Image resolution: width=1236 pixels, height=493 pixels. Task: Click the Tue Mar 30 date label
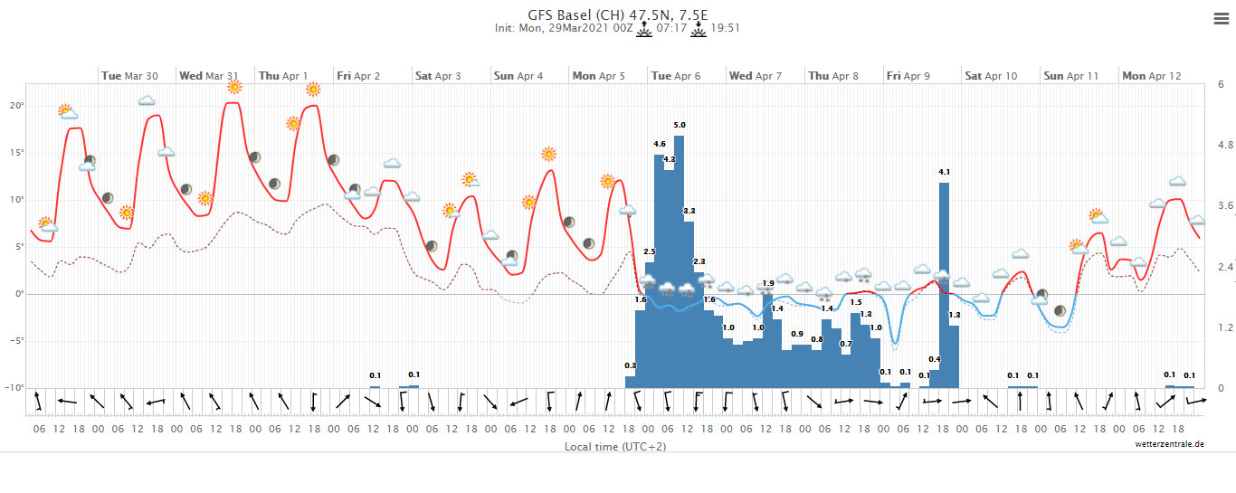[x=128, y=76]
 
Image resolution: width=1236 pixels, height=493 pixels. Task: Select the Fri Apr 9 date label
[x=908, y=76]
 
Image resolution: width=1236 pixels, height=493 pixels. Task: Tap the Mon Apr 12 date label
[x=1151, y=76]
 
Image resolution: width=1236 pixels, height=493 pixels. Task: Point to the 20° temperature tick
[x=16, y=105]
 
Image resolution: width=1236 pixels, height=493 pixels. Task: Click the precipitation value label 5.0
[x=680, y=125]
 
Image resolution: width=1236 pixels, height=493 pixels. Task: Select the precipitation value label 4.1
[x=944, y=172]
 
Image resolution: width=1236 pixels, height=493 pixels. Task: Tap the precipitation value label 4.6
[x=660, y=144]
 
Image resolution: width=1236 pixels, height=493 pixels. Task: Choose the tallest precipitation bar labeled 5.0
[x=680, y=262]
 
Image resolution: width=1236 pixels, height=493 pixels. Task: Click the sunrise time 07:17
[x=670, y=28]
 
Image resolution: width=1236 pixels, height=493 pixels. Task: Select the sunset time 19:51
[x=726, y=28]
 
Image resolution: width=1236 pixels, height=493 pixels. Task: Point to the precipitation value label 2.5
[x=650, y=251]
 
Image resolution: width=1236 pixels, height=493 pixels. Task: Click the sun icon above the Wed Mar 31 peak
[x=234, y=87]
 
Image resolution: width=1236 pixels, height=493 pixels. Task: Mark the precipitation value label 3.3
[x=689, y=211]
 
